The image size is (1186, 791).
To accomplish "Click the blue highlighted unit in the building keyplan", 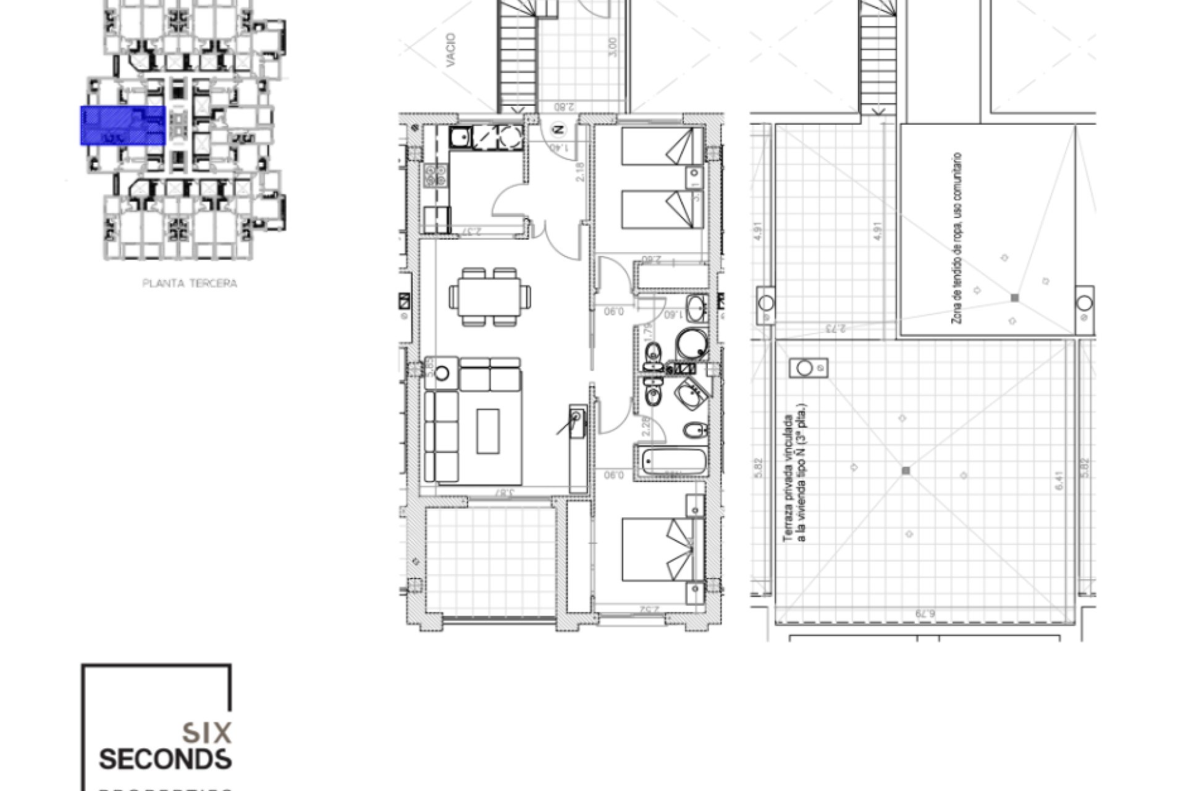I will pos(122,125).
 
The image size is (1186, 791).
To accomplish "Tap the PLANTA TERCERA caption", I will pos(190,284).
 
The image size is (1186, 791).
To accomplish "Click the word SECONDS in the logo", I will pos(165,759).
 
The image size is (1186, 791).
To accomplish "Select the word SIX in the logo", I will pos(207,733).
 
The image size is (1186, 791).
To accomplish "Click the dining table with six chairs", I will pos(489,297).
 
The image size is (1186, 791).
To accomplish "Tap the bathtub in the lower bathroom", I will pos(673,461).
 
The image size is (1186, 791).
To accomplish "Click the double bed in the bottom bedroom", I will pos(661,550).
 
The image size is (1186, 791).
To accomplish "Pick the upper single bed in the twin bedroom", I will pos(661,146).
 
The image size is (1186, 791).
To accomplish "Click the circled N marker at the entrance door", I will pos(558,130).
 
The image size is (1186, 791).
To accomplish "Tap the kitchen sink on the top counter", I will pos(461,137).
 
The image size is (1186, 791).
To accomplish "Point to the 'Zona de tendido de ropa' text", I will pos(957,238).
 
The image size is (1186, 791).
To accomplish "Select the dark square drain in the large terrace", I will pos(906,471).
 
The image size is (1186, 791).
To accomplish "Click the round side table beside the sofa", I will pos(443,373).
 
